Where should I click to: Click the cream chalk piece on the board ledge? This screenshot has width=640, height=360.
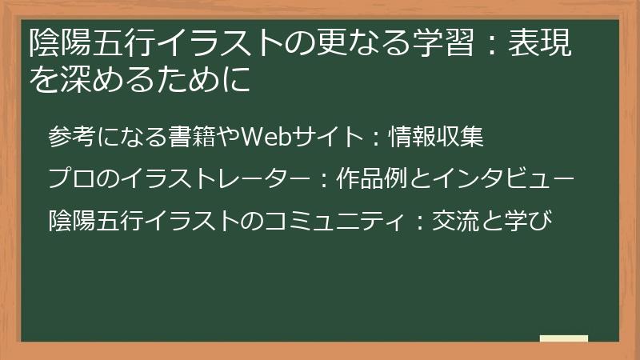(x=563, y=338)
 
